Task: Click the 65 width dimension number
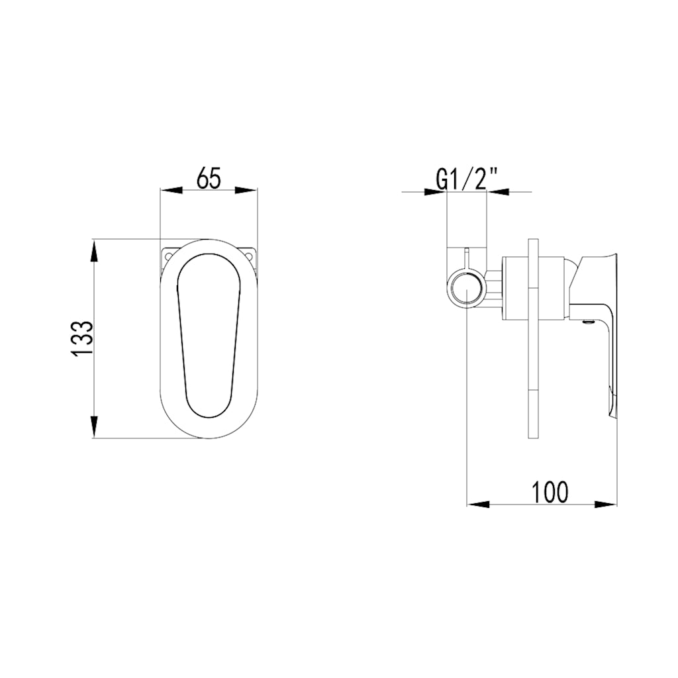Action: point(209,179)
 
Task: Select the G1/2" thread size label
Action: point(467,179)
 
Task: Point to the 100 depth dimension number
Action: point(550,492)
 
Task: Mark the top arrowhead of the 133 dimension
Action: point(95,250)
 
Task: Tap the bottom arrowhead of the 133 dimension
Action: point(95,426)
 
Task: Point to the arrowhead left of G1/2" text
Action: point(436,192)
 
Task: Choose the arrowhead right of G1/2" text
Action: point(499,192)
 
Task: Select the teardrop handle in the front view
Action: point(208,334)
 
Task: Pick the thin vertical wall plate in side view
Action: point(534,338)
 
